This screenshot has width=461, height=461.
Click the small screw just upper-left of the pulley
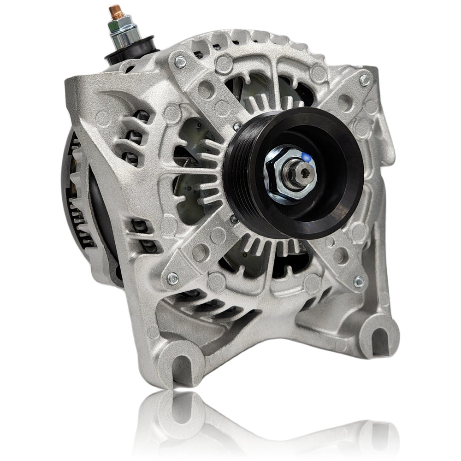(236, 125)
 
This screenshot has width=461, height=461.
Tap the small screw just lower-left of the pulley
(234, 220)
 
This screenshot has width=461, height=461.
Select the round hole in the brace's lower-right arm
(340, 254)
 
